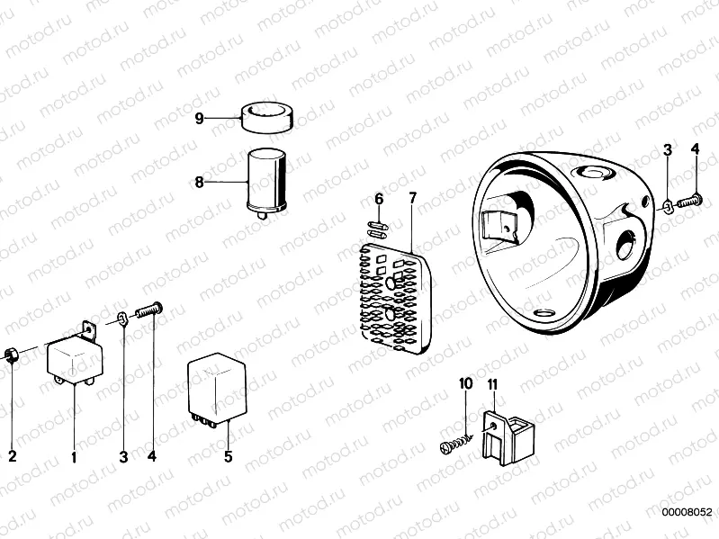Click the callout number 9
[199, 118]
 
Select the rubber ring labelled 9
[267, 117]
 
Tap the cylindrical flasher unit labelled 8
[267, 184]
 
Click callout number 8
[199, 183]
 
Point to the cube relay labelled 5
[217, 390]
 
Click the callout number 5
[229, 456]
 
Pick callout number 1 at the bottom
[74, 456]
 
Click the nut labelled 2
[11, 355]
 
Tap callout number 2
[13, 456]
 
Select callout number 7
[413, 199]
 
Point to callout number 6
[379, 199]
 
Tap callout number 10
[465, 383]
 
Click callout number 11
[492, 383]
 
